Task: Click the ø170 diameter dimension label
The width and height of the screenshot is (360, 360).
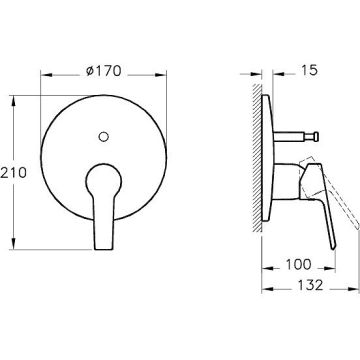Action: click(x=103, y=71)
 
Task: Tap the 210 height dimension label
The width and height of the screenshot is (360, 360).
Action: click(x=13, y=173)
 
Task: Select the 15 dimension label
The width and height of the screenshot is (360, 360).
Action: click(x=309, y=70)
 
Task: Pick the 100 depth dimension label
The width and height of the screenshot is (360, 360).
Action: click(x=298, y=264)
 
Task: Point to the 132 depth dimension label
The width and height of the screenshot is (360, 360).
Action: click(x=310, y=285)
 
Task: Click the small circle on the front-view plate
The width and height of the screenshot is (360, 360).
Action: click(x=104, y=136)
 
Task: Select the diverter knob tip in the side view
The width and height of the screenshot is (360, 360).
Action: click(x=315, y=136)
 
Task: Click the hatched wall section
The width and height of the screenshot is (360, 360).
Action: click(x=257, y=157)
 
